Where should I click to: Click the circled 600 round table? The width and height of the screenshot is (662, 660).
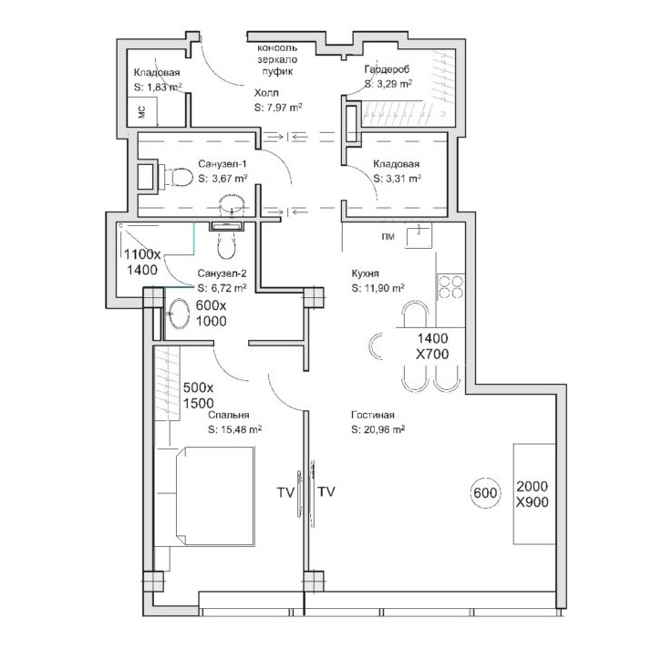485,492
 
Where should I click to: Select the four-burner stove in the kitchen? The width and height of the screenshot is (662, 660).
450,286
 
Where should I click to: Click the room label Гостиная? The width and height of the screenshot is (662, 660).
372,415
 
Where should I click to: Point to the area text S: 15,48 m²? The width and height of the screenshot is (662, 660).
234,429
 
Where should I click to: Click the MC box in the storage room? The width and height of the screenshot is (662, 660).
142,112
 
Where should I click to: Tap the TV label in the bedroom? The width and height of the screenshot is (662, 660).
285,492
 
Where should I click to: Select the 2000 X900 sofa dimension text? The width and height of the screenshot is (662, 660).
533,494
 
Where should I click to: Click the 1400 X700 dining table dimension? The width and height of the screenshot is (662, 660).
432,346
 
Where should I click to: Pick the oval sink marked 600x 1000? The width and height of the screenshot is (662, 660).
179,314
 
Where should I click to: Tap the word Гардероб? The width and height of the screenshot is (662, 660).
388,68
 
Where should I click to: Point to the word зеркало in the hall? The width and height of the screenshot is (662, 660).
277,59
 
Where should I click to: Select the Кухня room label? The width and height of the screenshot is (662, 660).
366,273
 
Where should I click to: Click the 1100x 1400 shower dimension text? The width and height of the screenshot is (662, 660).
142,262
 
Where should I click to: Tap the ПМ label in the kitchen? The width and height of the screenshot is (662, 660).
388,237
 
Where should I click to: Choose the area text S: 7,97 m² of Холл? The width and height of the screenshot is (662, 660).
278,108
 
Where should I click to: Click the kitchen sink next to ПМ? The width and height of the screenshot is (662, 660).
419,235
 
